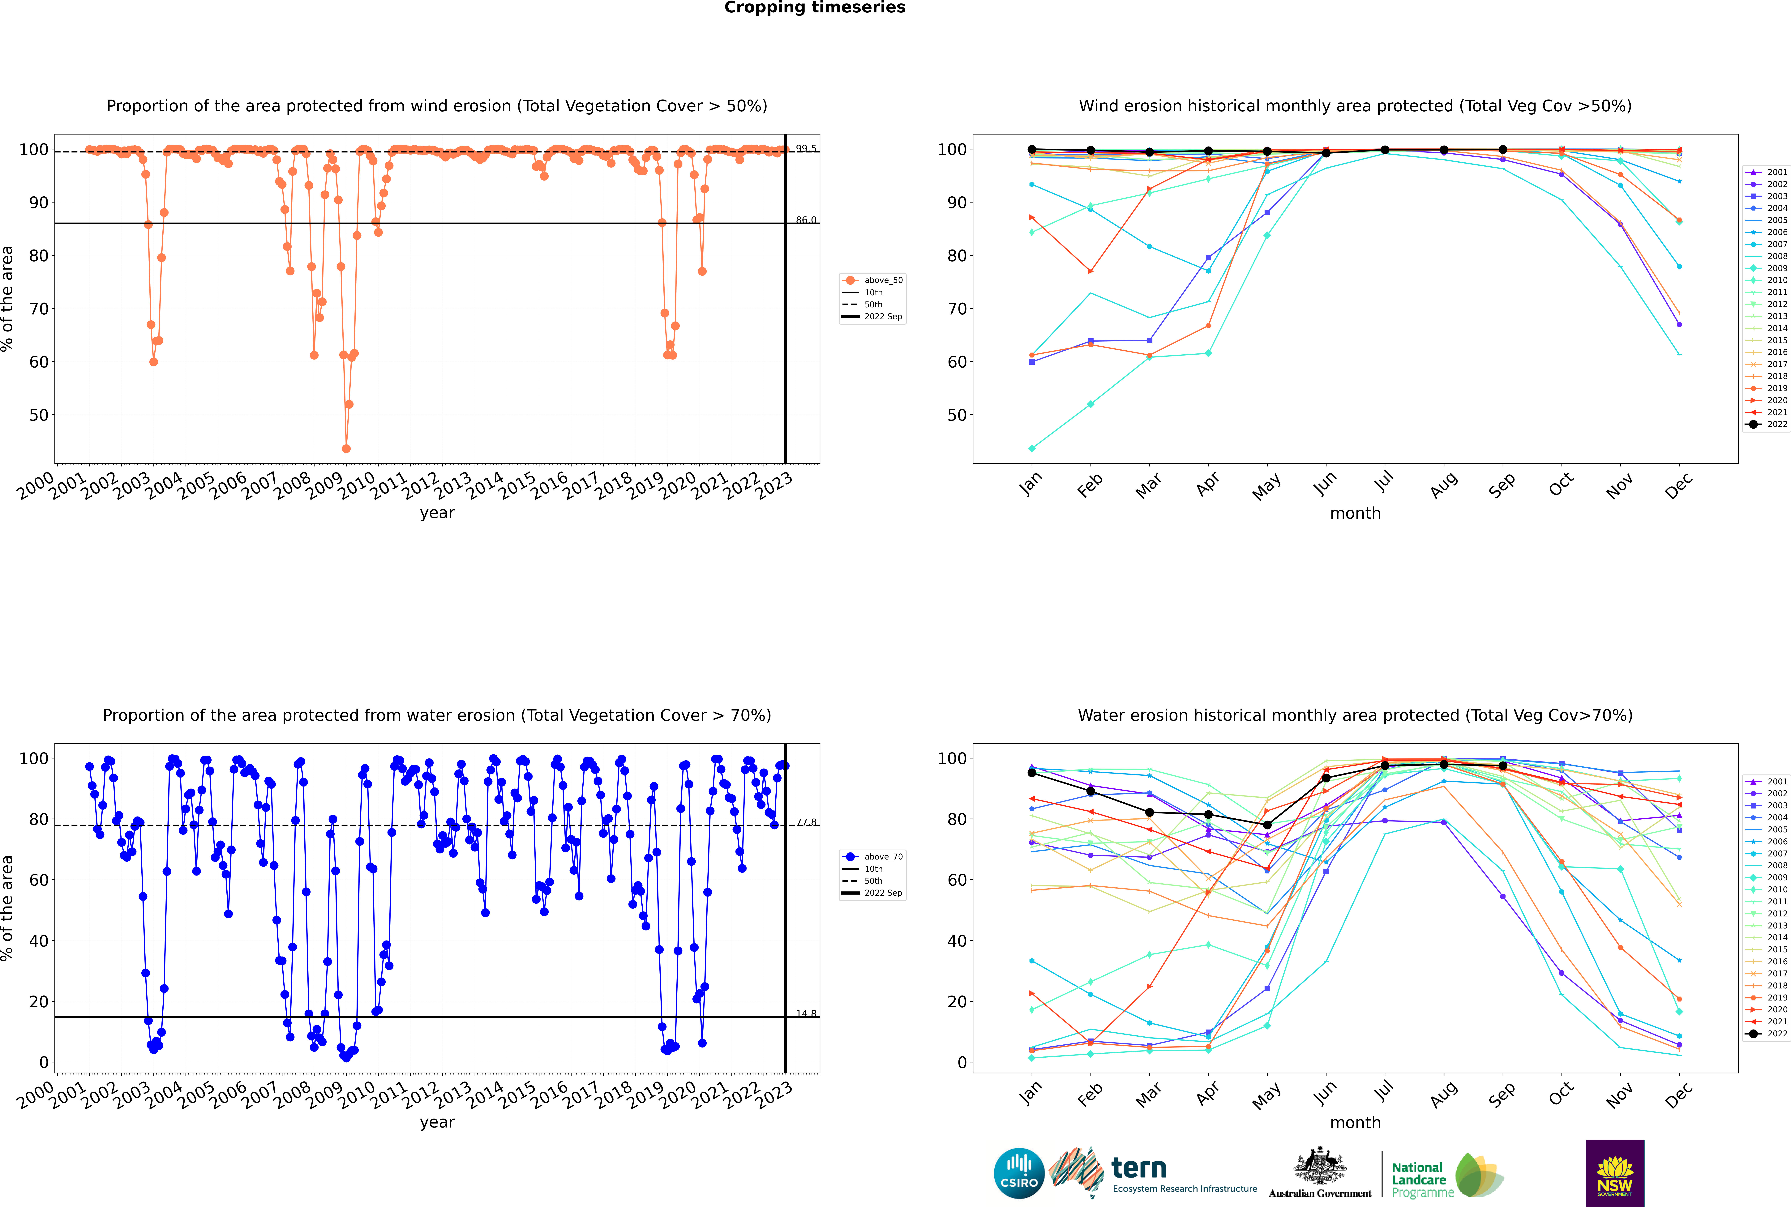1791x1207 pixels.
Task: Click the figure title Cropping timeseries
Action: (815, 8)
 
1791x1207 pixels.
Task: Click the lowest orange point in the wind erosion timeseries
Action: (346, 449)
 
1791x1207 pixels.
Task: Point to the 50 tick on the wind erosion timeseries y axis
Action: (38, 415)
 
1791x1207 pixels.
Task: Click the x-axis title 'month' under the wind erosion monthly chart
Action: (1355, 514)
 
